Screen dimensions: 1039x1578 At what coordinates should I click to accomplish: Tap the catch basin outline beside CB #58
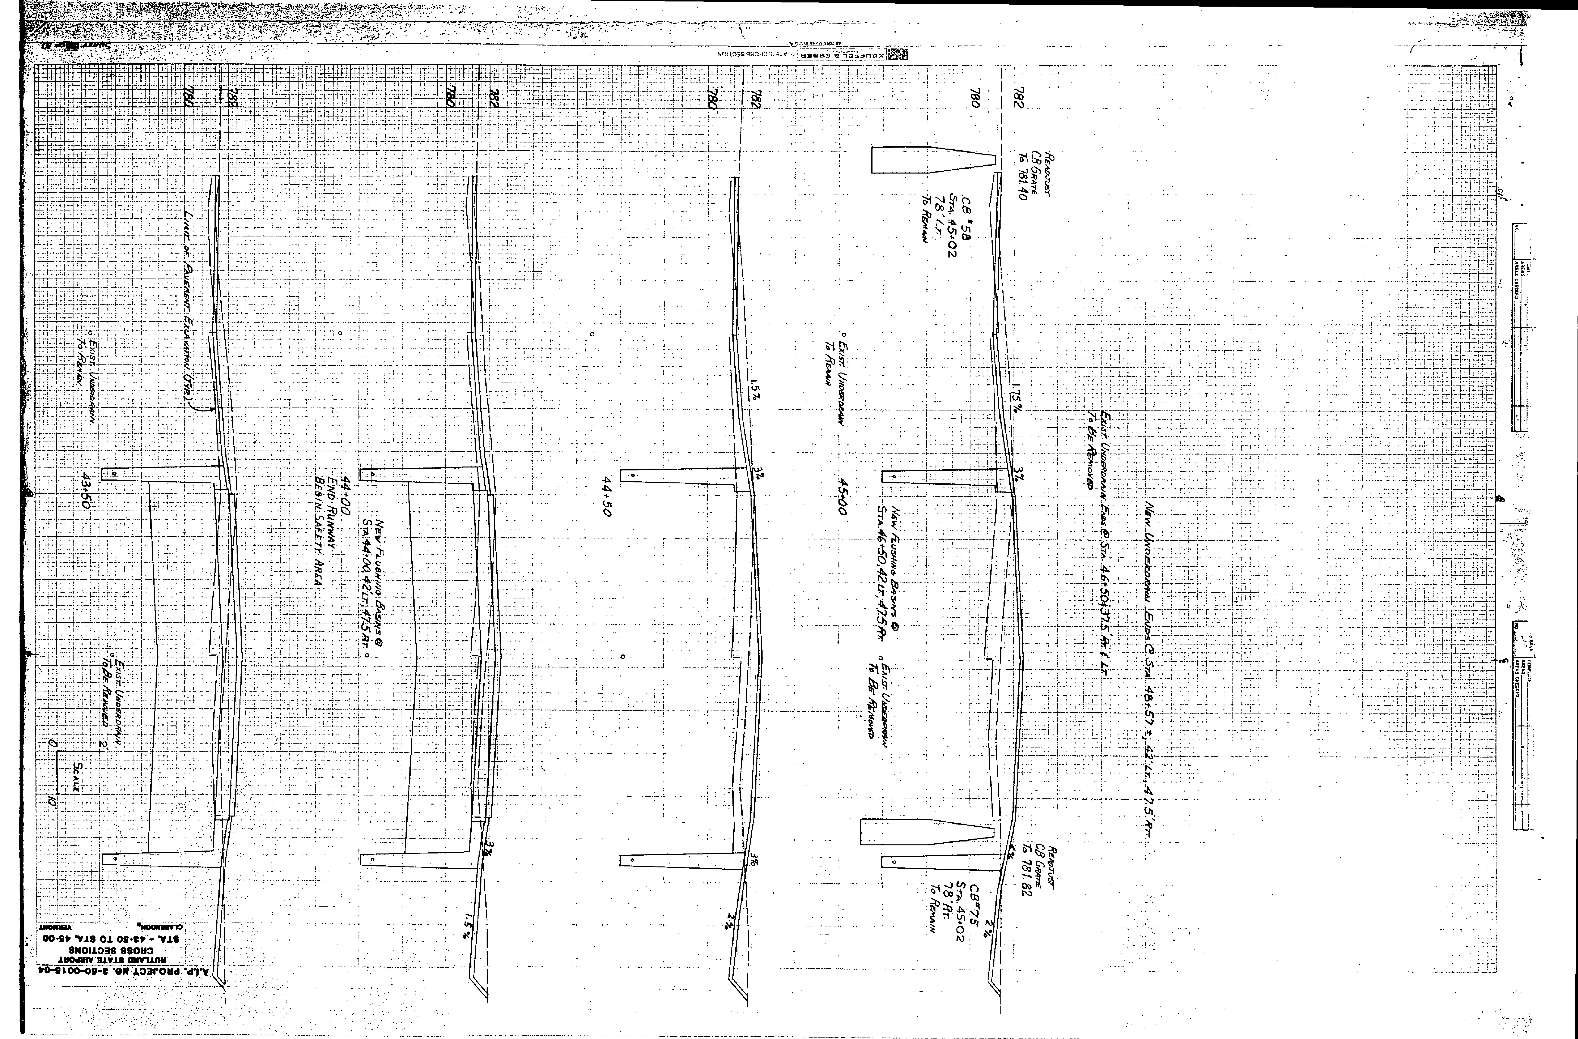pyautogui.click(x=933, y=160)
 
